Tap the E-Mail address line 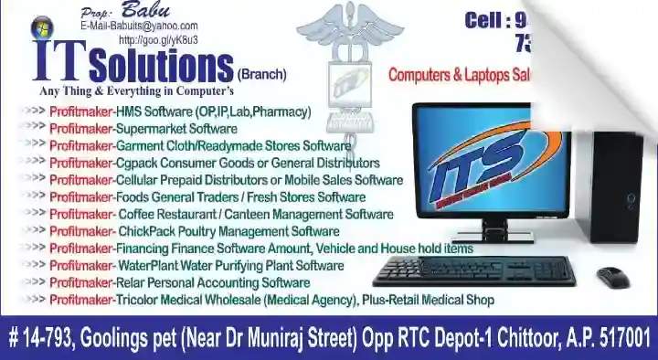[x=138, y=27]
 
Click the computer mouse [x=612, y=275]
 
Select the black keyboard [x=474, y=269]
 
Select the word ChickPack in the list [x=146, y=231]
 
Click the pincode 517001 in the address [x=621, y=336]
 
